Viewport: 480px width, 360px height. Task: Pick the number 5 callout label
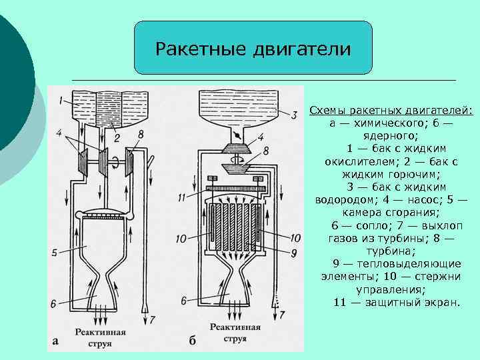tap(55, 253)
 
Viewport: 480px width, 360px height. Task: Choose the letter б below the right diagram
tap(192, 341)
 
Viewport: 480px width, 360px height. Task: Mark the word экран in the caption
tap(443, 303)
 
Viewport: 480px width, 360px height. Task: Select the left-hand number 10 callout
tap(182, 238)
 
